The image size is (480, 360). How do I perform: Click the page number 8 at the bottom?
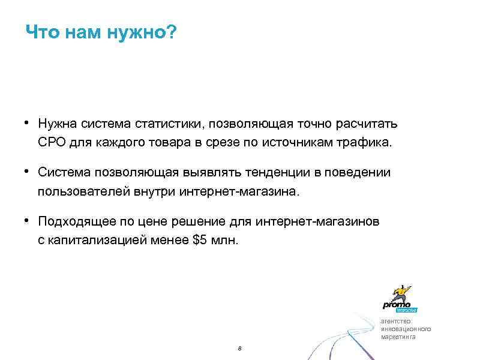click(239, 349)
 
